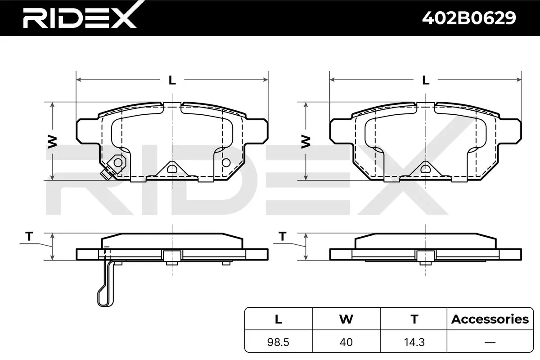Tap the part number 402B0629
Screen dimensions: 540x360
[469, 18]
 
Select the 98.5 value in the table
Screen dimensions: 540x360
[278, 342]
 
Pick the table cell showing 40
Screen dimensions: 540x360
[346, 342]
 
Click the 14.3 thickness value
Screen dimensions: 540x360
[414, 342]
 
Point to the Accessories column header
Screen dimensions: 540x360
[490, 319]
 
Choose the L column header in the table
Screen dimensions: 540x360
[279, 319]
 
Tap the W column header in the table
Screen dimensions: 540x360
[346, 319]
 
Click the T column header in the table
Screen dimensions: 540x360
[414, 319]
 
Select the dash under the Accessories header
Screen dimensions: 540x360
[490, 342]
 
